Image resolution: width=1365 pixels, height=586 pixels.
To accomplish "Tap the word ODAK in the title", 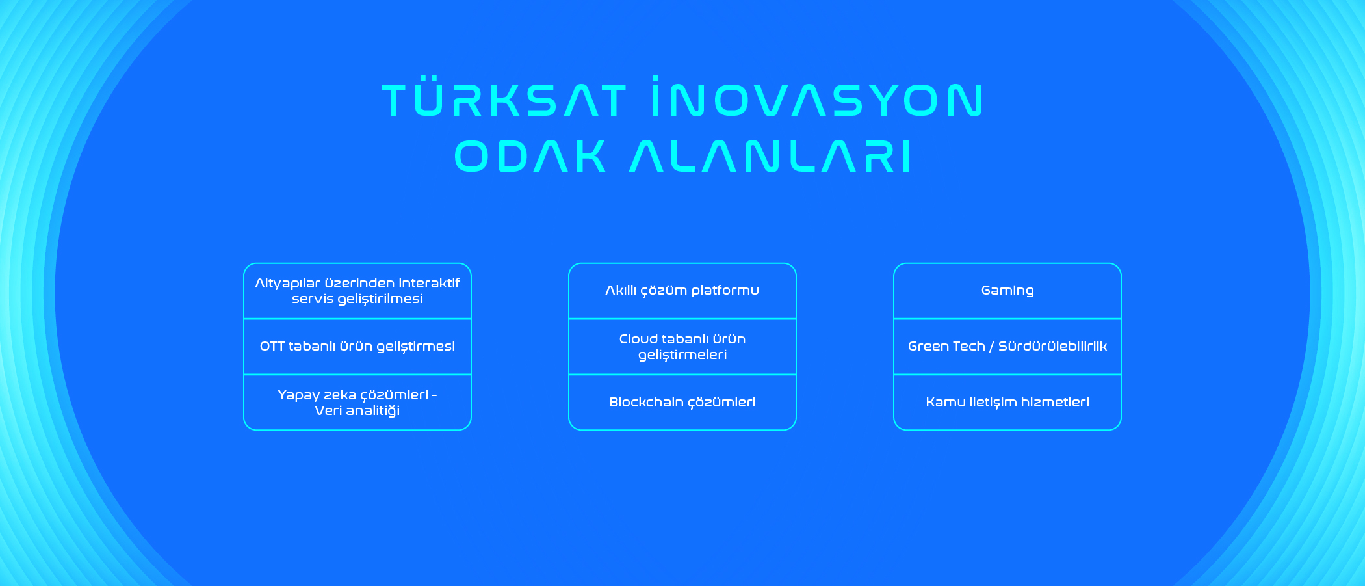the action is [530, 156].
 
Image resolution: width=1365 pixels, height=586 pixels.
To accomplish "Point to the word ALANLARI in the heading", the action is [771, 156].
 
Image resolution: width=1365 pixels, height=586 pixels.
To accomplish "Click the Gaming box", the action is [1007, 291].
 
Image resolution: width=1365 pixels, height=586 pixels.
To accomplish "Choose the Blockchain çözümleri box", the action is [682, 403].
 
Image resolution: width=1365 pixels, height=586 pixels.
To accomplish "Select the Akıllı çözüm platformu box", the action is [682, 291].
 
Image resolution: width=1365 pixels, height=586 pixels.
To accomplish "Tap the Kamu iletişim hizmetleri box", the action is [1007, 403].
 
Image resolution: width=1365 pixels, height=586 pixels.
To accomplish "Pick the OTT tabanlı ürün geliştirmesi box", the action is [357, 347].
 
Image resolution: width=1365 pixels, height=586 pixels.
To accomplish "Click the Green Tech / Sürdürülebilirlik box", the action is [1007, 347].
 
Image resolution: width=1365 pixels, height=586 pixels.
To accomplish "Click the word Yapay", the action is [299, 395].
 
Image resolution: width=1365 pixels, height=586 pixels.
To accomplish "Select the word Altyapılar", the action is [288, 284].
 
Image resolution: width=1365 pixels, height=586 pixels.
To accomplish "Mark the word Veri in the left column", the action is [328, 410].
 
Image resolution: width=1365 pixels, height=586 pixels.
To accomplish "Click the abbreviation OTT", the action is [272, 347].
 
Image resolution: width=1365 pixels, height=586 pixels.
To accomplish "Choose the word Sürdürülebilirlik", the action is [1052, 346].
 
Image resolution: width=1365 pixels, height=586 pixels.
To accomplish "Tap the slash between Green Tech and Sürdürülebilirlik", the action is [991, 347].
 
